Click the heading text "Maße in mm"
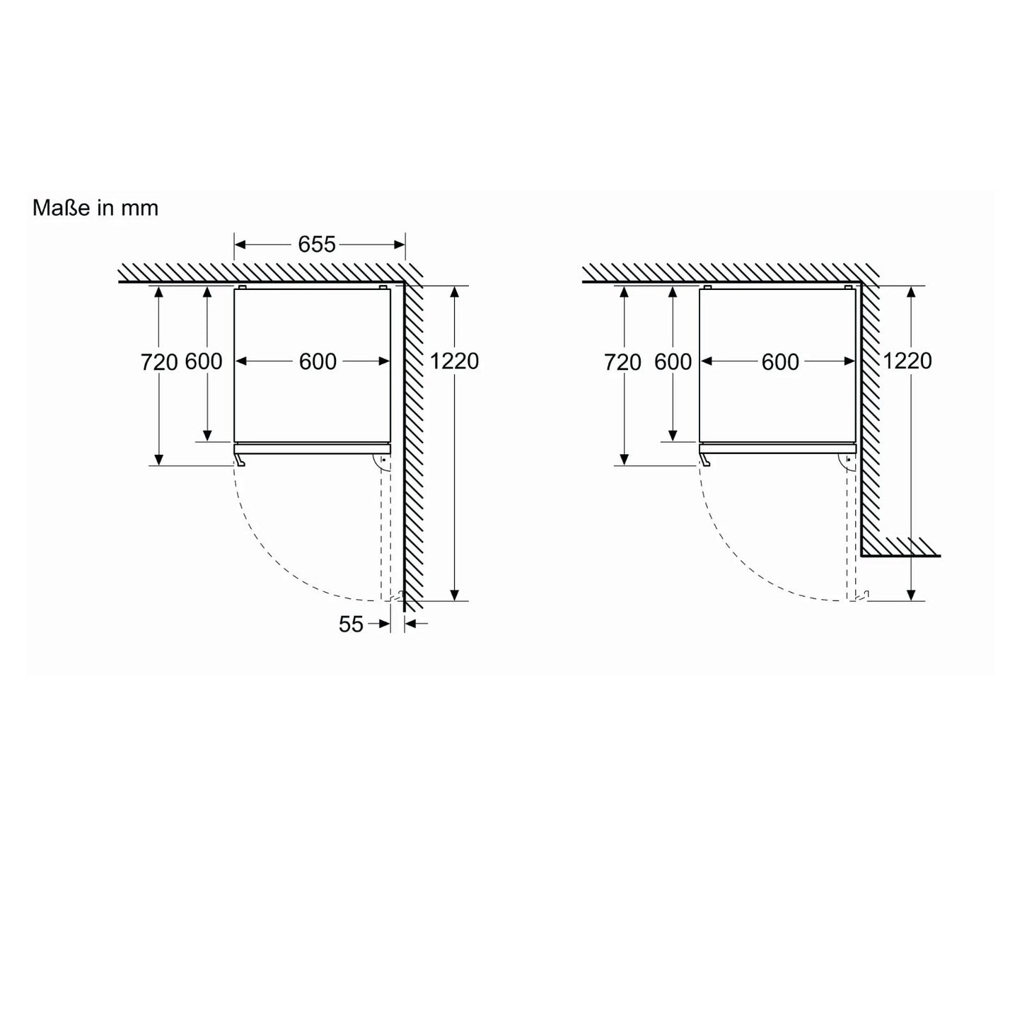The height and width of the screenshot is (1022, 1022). (95, 208)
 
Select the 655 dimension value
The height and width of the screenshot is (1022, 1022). (317, 245)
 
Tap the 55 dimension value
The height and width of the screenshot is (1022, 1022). (351, 625)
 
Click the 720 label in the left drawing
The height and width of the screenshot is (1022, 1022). (159, 362)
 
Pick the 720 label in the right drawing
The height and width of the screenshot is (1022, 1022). (622, 362)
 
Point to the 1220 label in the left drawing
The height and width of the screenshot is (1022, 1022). (454, 361)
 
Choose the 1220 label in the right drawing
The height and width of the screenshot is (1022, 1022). (907, 361)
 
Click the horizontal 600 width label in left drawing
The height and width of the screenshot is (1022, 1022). (318, 361)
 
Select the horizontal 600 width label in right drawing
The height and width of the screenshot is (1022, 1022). (780, 361)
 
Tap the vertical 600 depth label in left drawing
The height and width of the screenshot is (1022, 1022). (204, 361)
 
